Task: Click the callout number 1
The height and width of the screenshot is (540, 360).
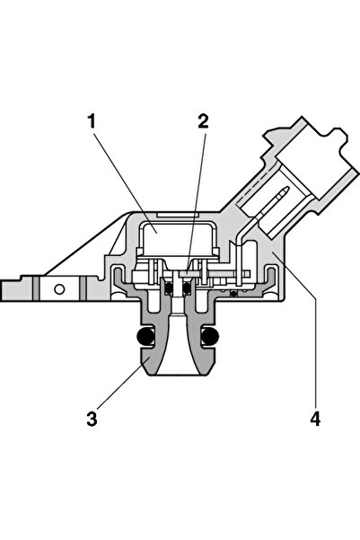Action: [x=92, y=121]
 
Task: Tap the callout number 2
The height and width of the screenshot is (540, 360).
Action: [x=203, y=121]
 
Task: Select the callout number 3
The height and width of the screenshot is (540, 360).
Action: [x=92, y=419]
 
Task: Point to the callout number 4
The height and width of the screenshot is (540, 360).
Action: [x=315, y=419]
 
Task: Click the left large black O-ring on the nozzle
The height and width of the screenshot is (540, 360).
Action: [x=145, y=336]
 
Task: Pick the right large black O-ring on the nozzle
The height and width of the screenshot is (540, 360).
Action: [x=210, y=336]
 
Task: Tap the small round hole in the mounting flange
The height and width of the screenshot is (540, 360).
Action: [x=59, y=289]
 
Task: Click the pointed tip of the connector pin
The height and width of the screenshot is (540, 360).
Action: [x=286, y=189]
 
